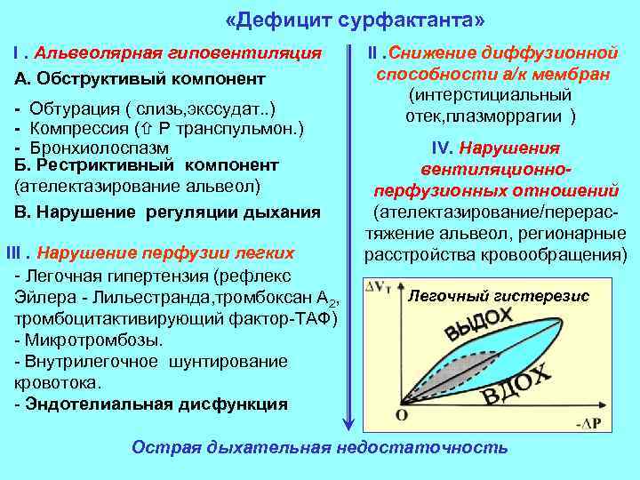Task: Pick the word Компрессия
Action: [77, 128]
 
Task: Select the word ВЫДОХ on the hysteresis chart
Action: [480, 325]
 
